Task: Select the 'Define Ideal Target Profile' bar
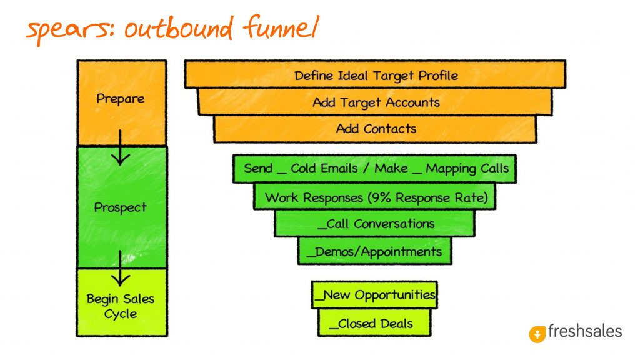point(376,76)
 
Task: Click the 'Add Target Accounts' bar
point(376,102)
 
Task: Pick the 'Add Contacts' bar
point(376,129)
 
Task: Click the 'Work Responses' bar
point(376,197)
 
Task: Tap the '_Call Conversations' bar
point(375,224)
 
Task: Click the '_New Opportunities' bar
point(374,295)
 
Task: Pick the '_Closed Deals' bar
point(374,324)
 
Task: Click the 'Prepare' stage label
point(120,99)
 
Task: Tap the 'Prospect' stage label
point(120,207)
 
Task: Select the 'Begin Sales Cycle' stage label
point(120,306)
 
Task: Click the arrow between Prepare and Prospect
point(120,151)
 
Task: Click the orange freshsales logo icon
point(537,334)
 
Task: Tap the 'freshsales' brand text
point(585,331)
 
